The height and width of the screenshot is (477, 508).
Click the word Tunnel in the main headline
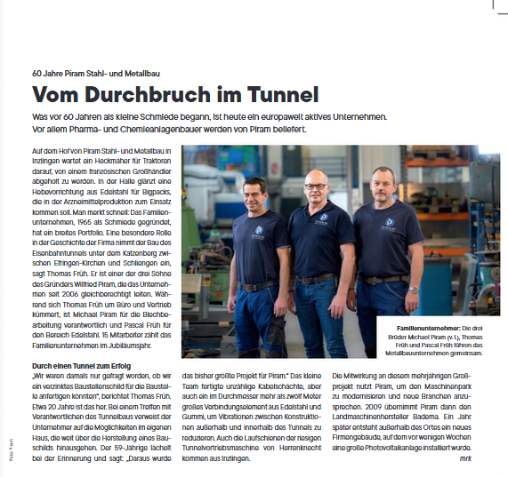click(273, 93)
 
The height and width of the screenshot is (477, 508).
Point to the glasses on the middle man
click(315, 187)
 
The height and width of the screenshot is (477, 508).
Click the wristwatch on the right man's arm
click(414, 290)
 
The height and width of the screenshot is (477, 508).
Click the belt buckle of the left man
click(259, 286)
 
